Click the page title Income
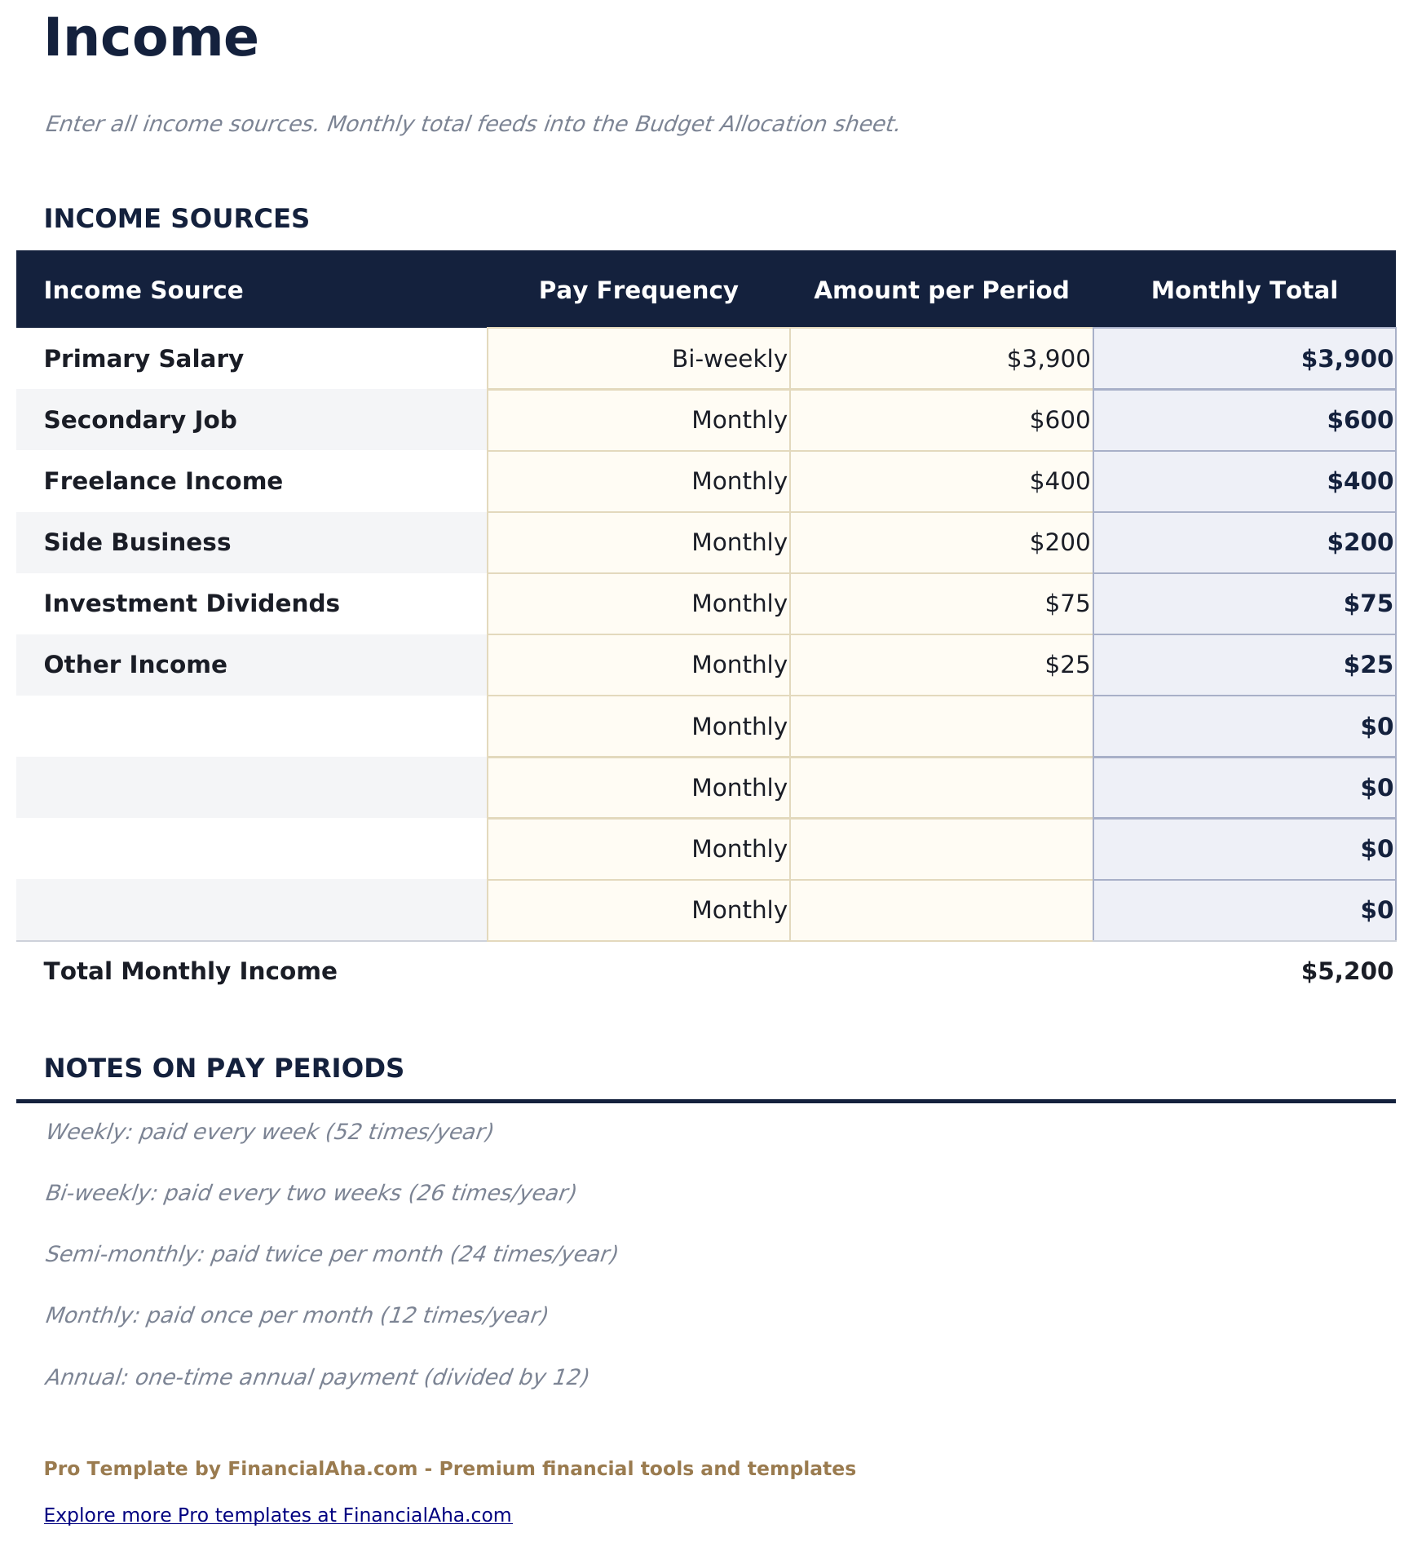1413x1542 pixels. coord(151,38)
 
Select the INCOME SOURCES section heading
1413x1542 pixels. coord(176,219)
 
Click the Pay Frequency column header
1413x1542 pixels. coord(638,290)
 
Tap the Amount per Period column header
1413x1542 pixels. coord(941,290)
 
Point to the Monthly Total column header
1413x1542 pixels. coord(1243,290)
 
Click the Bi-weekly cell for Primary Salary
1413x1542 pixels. coord(729,359)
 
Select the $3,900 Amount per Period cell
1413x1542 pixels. coord(1048,359)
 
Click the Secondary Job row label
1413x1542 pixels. coord(140,420)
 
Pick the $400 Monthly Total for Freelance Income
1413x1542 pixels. coord(1359,481)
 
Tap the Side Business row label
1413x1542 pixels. coord(137,542)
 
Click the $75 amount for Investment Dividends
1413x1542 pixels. coord(1066,603)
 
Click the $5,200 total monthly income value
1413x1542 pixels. coord(1346,971)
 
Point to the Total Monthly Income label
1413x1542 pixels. coord(190,971)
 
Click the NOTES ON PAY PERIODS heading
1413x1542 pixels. coord(223,1068)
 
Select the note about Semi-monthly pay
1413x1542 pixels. coord(330,1253)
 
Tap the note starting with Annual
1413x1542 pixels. coord(316,1377)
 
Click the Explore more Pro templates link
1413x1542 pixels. coord(277,1515)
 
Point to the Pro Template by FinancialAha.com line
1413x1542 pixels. coord(449,1469)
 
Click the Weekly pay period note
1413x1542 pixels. coord(268,1132)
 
